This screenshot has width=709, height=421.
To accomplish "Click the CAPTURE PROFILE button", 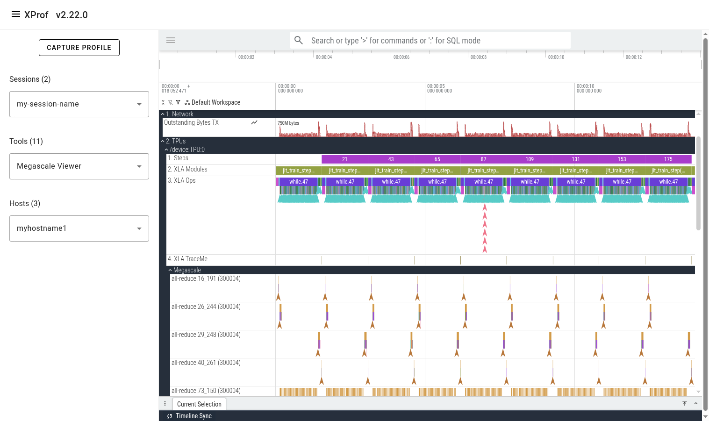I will pos(79,48).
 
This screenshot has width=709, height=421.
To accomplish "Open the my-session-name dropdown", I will pos(79,104).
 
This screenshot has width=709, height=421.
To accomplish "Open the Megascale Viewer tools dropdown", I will pos(79,166).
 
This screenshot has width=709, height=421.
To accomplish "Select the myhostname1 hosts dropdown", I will pos(79,228).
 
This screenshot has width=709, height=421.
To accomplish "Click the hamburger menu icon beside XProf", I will pos(16,14).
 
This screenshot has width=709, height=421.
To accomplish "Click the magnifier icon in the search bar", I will pos(299,41).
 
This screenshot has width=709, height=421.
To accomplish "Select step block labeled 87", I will pos(483,159).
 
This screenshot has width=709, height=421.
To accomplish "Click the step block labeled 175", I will pos(668,159).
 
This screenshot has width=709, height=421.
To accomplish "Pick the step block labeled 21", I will pos(344,159).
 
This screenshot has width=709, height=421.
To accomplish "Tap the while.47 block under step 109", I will pos(530,182).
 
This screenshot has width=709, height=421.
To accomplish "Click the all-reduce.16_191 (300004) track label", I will pos(206,279).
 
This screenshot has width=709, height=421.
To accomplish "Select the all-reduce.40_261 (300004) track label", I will pos(206,363).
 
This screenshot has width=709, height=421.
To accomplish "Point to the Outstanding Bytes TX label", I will pos(191,123).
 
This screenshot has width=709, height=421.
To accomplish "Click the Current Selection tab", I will pos(199,404).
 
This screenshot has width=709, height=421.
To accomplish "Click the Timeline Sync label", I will pos(193,416).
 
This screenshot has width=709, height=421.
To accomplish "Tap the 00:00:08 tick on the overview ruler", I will pos(478,57).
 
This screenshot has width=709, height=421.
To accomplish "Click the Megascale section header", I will pos(187,270).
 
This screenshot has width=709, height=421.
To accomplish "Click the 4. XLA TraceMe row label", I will pos(188,259).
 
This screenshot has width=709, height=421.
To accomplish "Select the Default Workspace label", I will pos(215,102).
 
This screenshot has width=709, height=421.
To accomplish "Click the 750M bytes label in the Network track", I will pos(288,123).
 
